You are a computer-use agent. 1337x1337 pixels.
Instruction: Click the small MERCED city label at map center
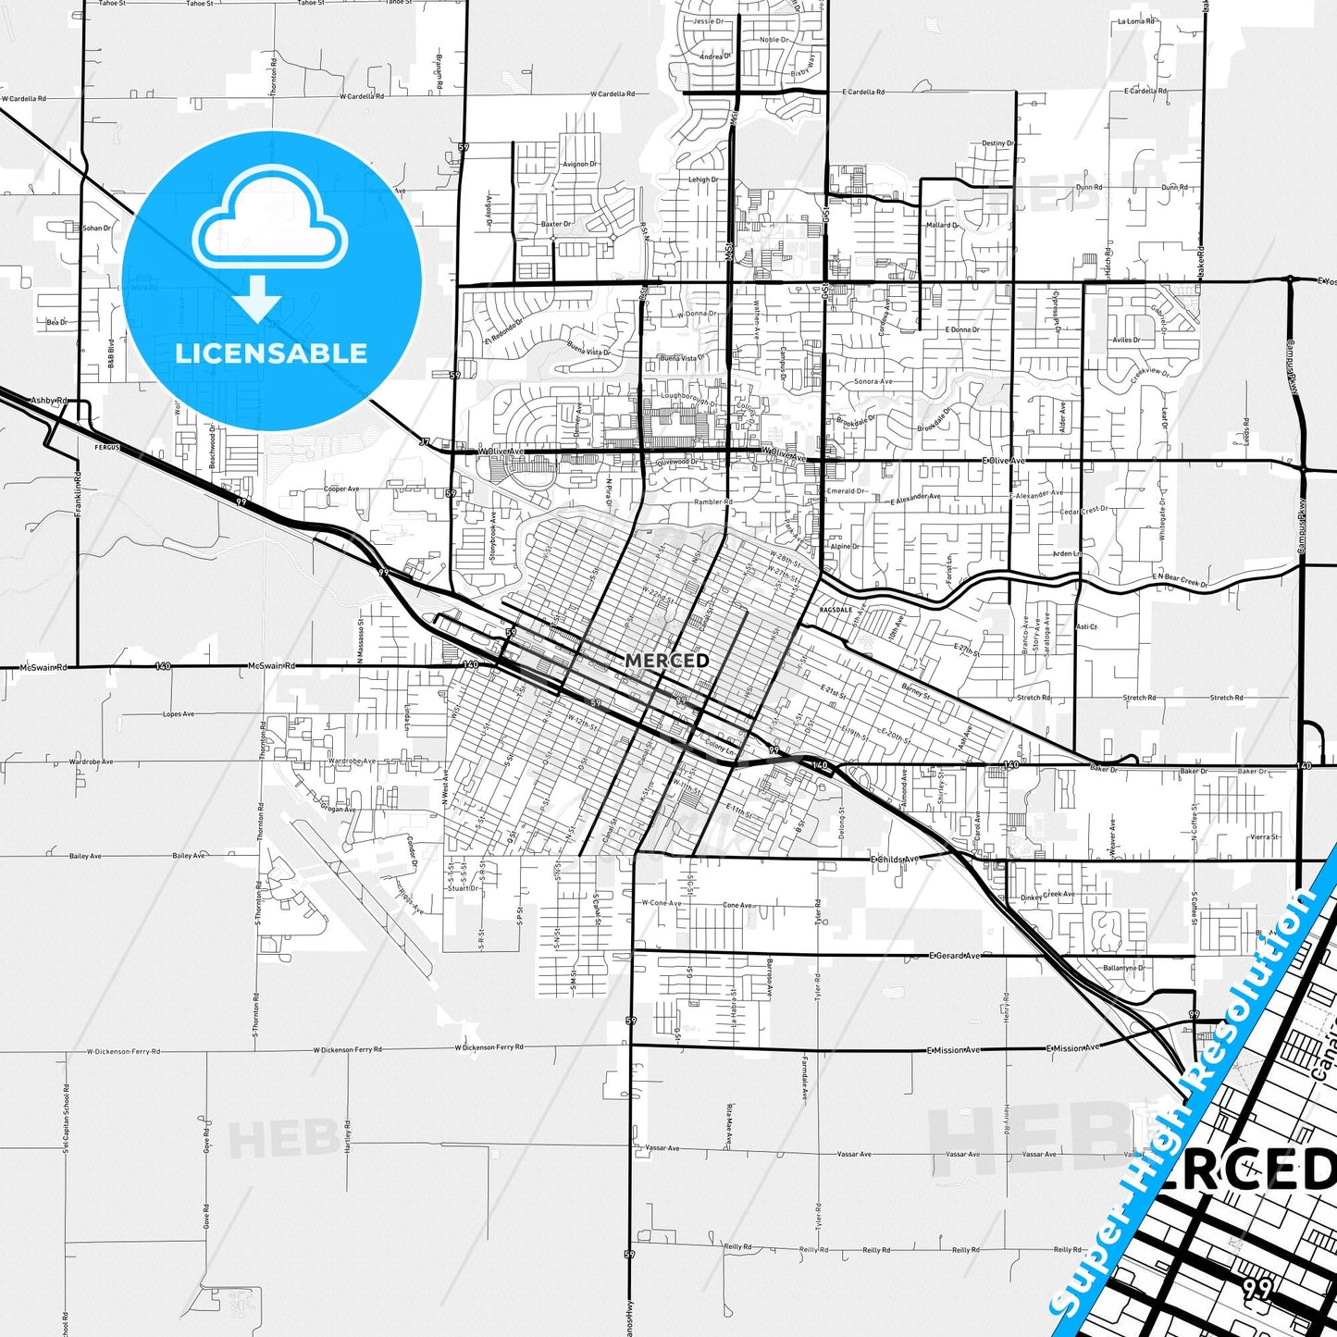[667, 660]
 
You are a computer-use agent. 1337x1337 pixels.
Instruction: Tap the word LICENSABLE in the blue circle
[271, 353]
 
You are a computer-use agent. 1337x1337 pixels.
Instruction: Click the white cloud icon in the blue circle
[270, 223]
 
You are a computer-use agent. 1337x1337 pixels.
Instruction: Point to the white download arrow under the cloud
[258, 299]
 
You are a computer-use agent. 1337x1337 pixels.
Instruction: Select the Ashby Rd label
[50, 400]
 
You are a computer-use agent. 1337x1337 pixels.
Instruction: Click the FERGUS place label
[107, 447]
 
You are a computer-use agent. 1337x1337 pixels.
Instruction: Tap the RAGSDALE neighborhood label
[836, 610]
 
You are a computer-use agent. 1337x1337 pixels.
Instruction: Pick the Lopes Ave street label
[179, 714]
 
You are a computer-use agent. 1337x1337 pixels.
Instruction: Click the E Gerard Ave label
[954, 956]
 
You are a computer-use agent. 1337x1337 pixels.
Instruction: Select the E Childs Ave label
[895, 860]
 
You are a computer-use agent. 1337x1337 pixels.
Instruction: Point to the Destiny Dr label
[998, 143]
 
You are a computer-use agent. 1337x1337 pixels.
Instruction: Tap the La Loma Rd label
[1136, 20]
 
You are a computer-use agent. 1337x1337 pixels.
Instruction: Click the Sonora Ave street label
[873, 381]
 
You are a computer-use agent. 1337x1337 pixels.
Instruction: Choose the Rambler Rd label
[713, 502]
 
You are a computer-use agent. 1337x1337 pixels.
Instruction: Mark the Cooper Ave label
[341, 489]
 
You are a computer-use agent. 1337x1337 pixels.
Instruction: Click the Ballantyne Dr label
[1124, 968]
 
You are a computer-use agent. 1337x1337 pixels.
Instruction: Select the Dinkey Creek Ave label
[1047, 896]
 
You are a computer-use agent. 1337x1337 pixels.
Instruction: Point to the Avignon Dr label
[580, 165]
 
